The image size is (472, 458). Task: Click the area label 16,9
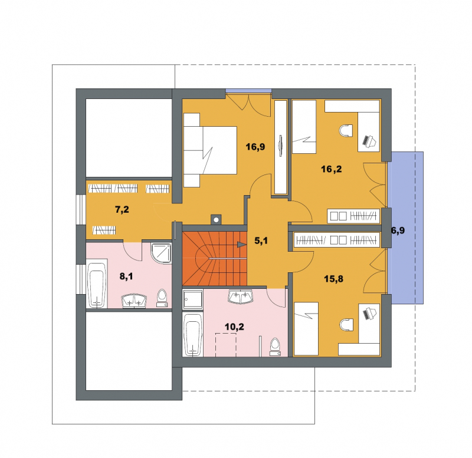(x=255, y=147)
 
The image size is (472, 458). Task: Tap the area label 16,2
(x=332, y=169)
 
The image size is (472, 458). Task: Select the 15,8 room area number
(x=333, y=279)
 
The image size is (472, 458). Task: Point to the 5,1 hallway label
(x=261, y=240)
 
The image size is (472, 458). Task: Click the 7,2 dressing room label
(x=122, y=209)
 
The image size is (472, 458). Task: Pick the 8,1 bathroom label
(x=126, y=276)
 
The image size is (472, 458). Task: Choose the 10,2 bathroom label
(x=234, y=327)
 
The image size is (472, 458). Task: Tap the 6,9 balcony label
(x=398, y=230)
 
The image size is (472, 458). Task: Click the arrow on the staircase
(x=241, y=245)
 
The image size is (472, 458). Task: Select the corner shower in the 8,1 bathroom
(x=161, y=253)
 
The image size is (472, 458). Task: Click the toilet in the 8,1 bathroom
(x=162, y=298)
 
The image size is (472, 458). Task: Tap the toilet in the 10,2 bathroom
(x=275, y=347)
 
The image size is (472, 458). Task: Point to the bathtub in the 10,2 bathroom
(x=193, y=334)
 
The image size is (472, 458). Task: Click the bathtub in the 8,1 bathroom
(x=96, y=285)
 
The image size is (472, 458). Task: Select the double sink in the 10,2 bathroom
(x=241, y=296)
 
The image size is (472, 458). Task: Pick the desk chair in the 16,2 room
(x=346, y=131)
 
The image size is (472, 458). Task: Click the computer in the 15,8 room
(x=370, y=314)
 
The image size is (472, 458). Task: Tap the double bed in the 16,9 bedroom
(x=210, y=150)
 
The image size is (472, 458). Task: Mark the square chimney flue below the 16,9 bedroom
(x=216, y=219)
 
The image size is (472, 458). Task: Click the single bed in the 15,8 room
(x=306, y=329)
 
